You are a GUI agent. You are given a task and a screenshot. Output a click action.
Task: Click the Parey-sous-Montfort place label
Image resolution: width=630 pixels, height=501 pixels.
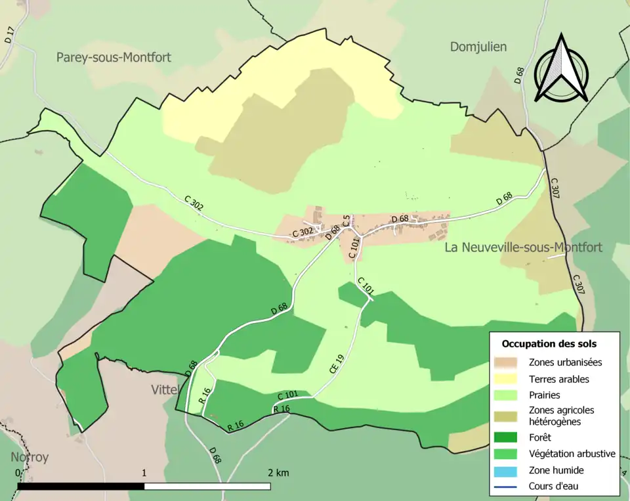tap(114, 57)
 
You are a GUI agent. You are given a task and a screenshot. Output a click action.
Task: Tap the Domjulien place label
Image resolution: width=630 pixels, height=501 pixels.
tap(478, 47)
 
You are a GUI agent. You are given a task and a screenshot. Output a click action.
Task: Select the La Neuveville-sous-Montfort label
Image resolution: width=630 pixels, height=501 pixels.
tap(523, 248)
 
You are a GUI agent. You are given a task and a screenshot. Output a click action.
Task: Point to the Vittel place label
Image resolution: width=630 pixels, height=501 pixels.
tap(165, 389)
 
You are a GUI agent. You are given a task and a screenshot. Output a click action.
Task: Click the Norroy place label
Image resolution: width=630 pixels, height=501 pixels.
tap(30, 457)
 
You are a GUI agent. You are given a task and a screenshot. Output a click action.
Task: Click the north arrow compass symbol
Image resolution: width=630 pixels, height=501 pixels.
tap(560, 69)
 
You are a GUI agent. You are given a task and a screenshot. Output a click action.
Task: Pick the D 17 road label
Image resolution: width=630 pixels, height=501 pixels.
tap(9, 35)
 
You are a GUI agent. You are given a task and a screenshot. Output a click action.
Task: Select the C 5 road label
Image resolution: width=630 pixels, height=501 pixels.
tap(346, 221)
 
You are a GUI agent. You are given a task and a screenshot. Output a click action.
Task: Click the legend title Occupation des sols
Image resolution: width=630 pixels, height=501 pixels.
tap(549, 343)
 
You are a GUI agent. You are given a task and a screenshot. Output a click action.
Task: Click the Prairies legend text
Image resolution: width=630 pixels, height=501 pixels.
tap(544, 395)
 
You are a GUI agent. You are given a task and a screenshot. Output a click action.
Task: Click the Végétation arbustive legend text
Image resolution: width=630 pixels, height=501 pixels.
tap(572, 454)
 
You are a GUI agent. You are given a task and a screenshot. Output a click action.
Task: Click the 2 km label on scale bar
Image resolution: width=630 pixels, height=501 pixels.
tap(278, 473)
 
